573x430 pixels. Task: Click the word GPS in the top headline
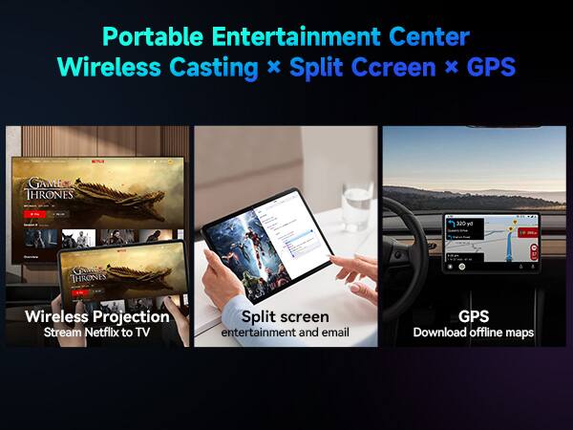[x=492, y=68]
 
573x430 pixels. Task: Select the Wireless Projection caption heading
[x=97, y=316]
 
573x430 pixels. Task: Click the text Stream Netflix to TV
[x=97, y=333]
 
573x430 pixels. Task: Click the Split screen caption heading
[x=286, y=316]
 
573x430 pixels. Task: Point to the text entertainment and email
[x=286, y=333]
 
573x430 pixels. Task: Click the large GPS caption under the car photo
[x=474, y=316]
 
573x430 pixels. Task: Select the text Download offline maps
[x=474, y=333]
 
